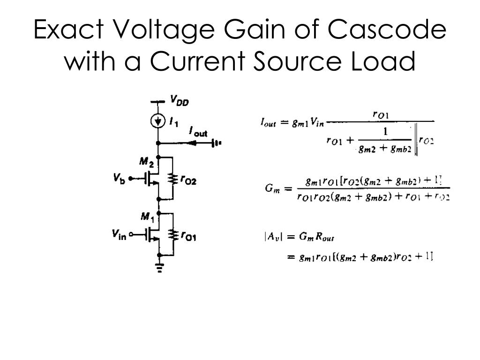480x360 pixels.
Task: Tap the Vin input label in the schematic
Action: [x=119, y=234]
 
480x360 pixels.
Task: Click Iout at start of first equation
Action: [x=269, y=123]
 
